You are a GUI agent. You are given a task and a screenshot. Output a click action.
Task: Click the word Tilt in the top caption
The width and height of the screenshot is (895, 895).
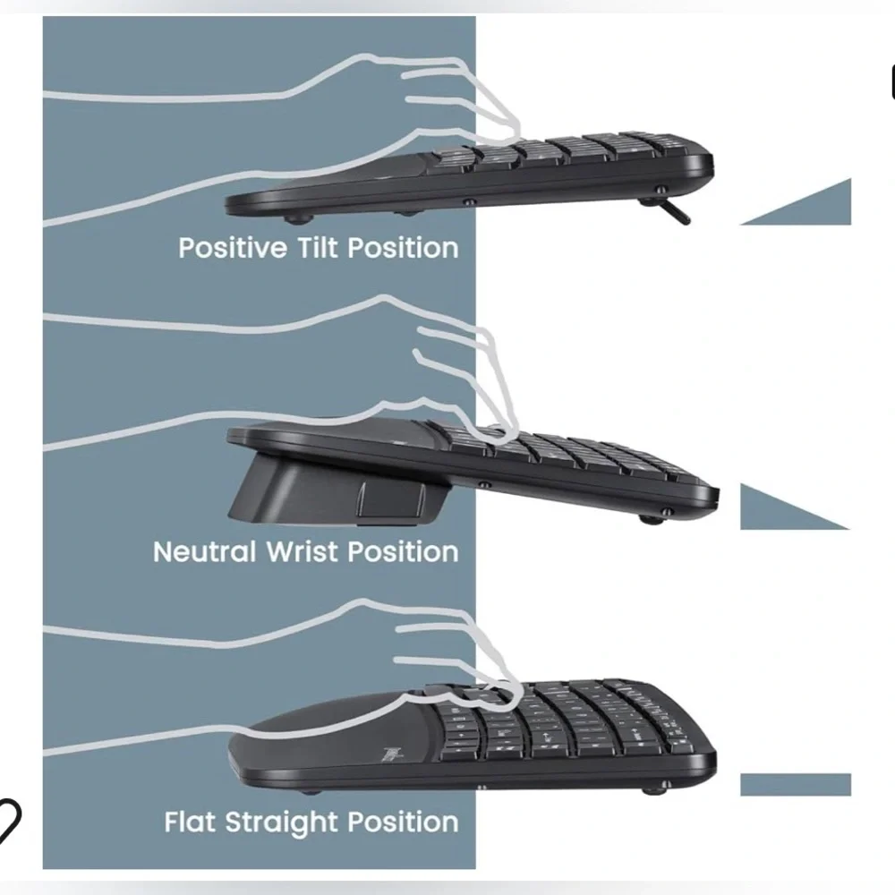click(318, 248)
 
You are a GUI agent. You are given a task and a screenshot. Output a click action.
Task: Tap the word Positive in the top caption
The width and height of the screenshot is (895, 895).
click(233, 249)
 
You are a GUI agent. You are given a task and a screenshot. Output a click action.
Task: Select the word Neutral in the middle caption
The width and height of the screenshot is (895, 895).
click(204, 552)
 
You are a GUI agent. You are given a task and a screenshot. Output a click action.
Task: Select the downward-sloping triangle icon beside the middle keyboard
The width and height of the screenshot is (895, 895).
click(794, 507)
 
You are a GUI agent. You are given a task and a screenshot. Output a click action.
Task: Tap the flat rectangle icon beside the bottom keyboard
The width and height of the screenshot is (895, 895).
click(796, 785)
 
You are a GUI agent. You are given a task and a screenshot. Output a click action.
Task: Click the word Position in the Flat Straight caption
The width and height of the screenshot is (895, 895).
click(403, 822)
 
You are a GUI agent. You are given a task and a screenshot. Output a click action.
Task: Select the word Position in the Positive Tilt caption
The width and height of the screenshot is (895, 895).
click(403, 248)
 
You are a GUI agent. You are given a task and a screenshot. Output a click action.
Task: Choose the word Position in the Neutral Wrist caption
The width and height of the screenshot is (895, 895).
click(403, 552)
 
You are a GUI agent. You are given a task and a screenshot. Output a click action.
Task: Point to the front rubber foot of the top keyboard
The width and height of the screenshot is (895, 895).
click(294, 217)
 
